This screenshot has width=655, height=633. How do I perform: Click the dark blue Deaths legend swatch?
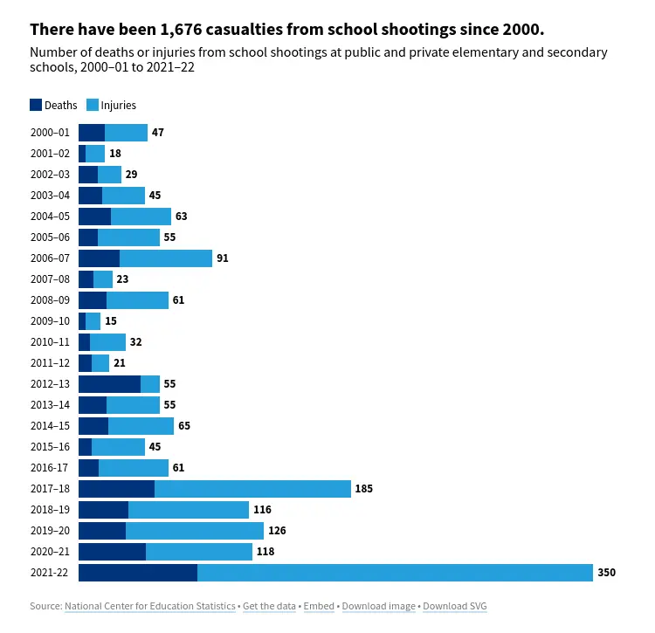36,105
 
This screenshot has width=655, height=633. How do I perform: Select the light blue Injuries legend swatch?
93,105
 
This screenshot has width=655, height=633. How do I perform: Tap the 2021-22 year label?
50,573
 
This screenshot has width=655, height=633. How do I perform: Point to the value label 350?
607,573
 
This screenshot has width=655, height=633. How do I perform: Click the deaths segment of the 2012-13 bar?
109,384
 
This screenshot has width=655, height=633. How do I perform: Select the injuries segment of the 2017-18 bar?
252,489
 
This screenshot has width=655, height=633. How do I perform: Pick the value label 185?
364,489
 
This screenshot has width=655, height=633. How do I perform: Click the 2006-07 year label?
50,258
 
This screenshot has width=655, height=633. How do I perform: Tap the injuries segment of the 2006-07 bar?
166,258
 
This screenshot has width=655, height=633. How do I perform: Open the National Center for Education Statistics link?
149,606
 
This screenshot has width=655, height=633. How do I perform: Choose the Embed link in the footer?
320,606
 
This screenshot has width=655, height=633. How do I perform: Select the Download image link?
378,606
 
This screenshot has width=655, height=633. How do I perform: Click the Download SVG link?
455,606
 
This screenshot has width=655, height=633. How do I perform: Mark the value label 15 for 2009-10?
111,321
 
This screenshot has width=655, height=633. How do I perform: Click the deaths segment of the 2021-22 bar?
138,573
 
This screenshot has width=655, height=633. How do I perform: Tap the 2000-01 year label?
50,133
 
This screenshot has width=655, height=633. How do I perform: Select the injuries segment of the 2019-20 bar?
195,531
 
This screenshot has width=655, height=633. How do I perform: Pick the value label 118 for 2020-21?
265,552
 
